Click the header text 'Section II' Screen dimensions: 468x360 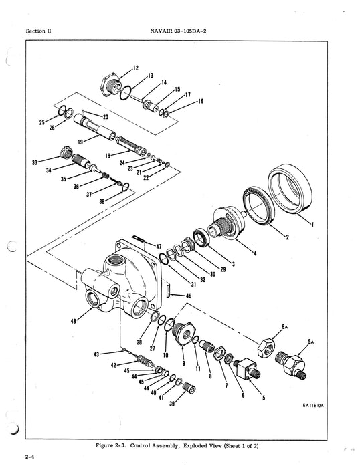(x=39, y=31)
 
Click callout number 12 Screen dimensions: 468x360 (x=135, y=68)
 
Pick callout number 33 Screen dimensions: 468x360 (x=35, y=161)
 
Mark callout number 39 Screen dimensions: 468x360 (x=174, y=404)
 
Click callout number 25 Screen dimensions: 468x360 (x=42, y=123)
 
